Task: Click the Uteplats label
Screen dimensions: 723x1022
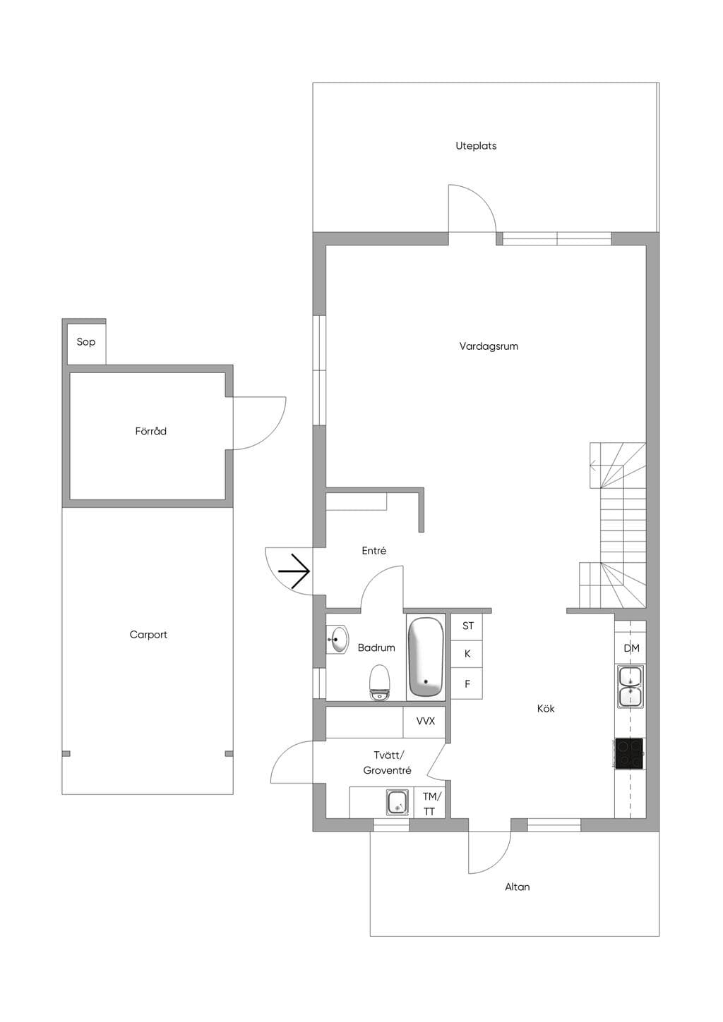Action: tap(476, 146)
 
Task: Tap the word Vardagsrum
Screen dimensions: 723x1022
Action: tap(489, 346)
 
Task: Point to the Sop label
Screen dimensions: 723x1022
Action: tap(86, 342)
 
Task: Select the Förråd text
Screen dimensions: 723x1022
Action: tap(150, 431)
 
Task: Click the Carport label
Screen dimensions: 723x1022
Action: tap(148, 635)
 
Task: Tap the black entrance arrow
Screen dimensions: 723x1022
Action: tap(294, 571)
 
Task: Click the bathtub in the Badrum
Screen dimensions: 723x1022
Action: tap(426, 657)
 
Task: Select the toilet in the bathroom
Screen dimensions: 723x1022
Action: tap(379, 683)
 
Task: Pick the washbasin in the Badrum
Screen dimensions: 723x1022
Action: tap(337, 639)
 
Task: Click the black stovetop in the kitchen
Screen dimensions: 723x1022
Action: tap(629, 753)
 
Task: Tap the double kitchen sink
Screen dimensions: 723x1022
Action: tap(631, 687)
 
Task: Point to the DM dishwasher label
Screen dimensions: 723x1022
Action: tap(631, 648)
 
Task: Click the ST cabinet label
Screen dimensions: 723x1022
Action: tap(467, 626)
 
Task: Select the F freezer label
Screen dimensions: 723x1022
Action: tap(467, 684)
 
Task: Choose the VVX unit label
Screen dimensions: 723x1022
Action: tap(425, 722)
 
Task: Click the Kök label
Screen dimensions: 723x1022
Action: tap(546, 709)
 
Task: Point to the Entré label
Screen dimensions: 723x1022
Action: tap(374, 551)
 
